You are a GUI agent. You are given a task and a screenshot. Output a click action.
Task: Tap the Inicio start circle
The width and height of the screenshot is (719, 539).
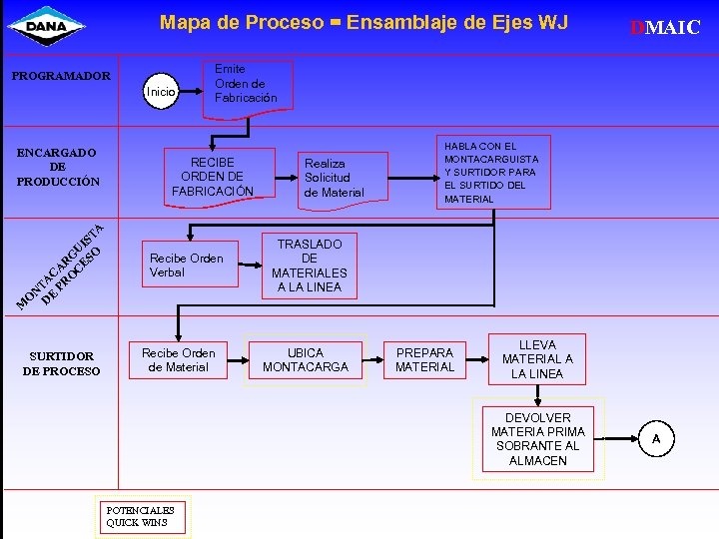tap(161, 92)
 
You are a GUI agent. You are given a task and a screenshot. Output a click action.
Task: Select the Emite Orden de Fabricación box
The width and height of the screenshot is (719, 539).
tap(246, 84)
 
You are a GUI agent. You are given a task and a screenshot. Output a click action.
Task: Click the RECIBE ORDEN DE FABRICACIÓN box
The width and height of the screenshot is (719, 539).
tap(213, 176)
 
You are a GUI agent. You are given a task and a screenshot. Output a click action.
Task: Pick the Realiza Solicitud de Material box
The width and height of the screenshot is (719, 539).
tap(335, 178)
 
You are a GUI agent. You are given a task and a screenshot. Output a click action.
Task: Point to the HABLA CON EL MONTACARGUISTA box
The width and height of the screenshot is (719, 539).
tap(491, 172)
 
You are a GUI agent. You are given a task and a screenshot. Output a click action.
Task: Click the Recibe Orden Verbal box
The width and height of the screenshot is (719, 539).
tap(187, 265)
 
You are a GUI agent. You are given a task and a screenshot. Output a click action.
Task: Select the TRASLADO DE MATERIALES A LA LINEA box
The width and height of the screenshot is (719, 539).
tap(310, 266)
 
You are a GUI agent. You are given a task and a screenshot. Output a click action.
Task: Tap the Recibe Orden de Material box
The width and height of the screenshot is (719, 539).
tap(178, 359)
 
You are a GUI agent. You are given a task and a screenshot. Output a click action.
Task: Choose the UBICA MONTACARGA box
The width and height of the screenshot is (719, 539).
tap(305, 359)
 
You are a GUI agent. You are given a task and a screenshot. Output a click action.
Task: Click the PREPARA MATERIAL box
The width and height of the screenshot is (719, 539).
tap(424, 359)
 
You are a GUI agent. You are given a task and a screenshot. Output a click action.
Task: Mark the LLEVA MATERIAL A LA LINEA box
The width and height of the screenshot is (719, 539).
tap(537, 359)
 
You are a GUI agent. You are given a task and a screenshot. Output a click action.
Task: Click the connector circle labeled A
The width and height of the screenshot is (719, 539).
tap(656, 438)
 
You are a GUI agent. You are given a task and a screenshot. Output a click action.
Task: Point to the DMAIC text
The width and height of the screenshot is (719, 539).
tap(665, 28)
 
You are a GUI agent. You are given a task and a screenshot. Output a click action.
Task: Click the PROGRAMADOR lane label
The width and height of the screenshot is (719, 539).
tap(60, 75)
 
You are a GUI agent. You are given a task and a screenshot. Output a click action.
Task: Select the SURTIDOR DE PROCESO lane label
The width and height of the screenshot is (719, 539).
tap(61, 363)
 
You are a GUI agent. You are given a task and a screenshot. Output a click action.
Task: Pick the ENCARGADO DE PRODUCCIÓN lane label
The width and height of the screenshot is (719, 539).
tap(57, 167)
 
